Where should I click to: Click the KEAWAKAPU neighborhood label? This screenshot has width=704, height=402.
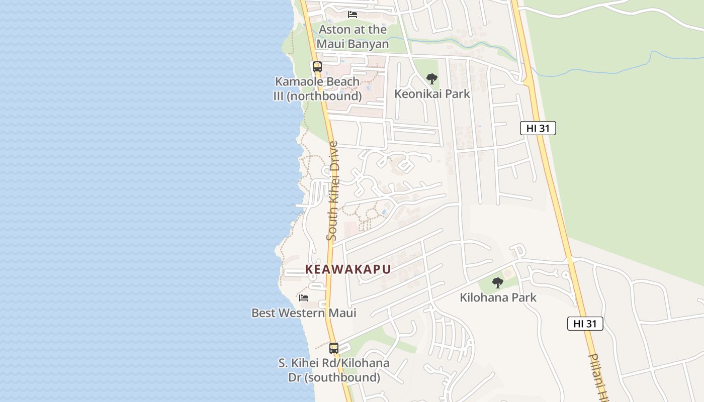pyautogui.click(x=348, y=269)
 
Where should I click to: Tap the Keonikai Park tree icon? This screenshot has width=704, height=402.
pyautogui.click(x=431, y=79)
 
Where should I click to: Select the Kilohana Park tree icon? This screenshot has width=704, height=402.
pyautogui.click(x=498, y=283)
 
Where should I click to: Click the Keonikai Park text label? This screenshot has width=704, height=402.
pyautogui.click(x=432, y=94)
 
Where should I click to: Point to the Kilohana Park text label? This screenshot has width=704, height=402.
pyautogui.click(x=498, y=297)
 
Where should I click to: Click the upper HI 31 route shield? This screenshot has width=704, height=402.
pyautogui.click(x=538, y=128)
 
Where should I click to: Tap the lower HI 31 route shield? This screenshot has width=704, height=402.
pyautogui.click(x=585, y=324)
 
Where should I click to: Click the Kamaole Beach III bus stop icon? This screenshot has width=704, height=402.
pyautogui.click(x=317, y=66)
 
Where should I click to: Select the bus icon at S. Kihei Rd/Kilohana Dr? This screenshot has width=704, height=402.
pyautogui.click(x=334, y=348)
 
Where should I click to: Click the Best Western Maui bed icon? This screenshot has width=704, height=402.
pyautogui.click(x=304, y=297)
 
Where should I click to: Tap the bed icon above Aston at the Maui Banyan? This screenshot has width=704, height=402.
pyautogui.click(x=353, y=15)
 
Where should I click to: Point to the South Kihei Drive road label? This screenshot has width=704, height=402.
pyautogui.click(x=333, y=191)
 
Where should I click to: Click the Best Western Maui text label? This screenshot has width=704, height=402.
pyautogui.click(x=304, y=313)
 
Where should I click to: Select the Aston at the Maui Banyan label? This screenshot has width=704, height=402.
pyautogui.click(x=353, y=37)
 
